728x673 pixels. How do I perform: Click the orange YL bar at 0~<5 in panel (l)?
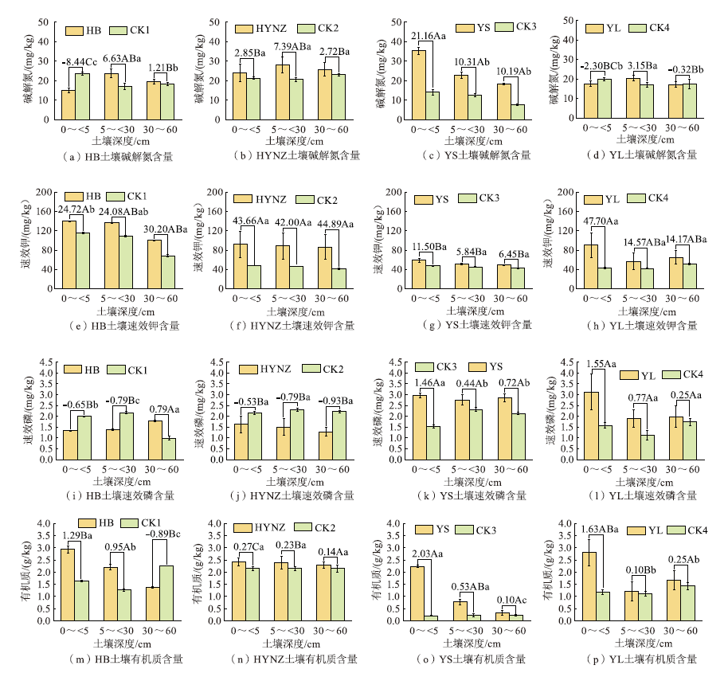coord(591,426)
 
